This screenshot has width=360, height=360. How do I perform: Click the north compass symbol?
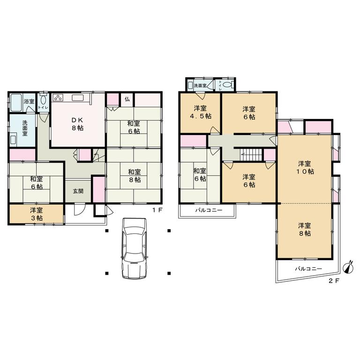click(x=349, y=268)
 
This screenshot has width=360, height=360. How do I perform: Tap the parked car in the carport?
click(x=135, y=248)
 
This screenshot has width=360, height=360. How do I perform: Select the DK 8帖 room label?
click(x=77, y=124)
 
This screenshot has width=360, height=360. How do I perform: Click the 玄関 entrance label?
click(x=78, y=191)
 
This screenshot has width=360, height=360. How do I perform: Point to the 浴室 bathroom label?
click(x=29, y=101)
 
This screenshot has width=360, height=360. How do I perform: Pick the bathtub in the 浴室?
click(x=16, y=103)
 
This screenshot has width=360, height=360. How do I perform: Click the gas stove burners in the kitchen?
click(x=57, y=97)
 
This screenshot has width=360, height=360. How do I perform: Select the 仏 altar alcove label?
click(x=127, y=99)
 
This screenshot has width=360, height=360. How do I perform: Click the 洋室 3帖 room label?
click(x=36, y=214)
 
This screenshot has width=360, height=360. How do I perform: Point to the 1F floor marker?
click(x=157, y=210)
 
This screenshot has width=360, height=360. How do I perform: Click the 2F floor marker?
click(x=334, y=281)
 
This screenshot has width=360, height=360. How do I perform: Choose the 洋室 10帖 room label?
click(x=305, y=168)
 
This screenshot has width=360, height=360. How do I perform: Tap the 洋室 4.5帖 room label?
click(x=201, y=112)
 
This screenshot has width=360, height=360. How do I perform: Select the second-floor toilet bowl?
click(x=227, y=85)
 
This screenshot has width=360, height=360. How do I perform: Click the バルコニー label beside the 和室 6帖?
click(x=209, y=210)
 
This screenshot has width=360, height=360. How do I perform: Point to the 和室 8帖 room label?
click(x=135, y=176)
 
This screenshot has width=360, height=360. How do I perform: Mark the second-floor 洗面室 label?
click(x=200, y=86)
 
